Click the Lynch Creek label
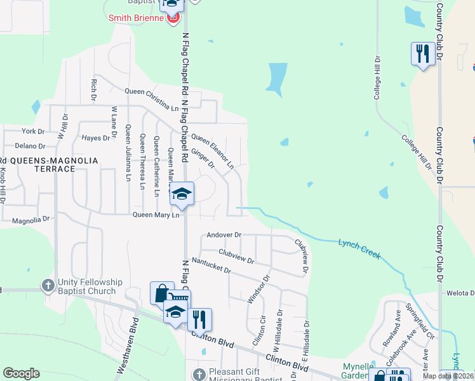coord(359,248)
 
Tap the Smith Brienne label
coord(136,18)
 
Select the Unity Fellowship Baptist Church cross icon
coord(48,286)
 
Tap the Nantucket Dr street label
coord(211,265)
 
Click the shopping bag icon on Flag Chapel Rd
coord(162,293)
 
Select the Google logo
coord(21,373)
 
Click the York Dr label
coord(33,131)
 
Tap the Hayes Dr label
coord(97,137)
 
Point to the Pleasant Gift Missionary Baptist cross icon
coord(199,373)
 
